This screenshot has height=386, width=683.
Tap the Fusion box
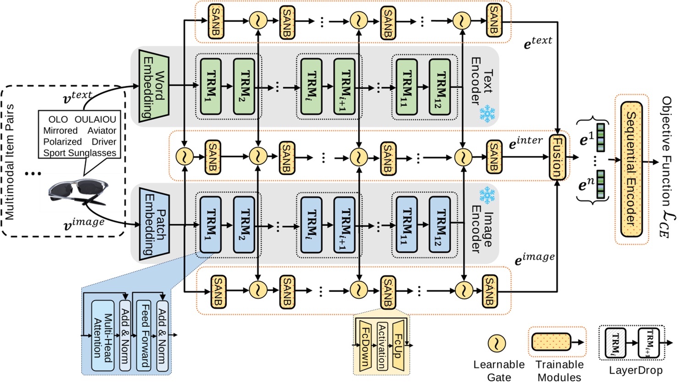click(557, 157)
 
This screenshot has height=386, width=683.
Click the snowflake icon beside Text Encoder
click(487, 114)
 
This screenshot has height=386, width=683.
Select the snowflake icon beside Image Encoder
click(487, 195)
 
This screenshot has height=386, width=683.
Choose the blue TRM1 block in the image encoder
click(210, 225)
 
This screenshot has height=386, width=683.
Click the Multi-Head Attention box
click(103, 336)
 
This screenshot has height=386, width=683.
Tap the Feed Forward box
click(144, 336)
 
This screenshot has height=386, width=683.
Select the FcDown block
click(365, 346)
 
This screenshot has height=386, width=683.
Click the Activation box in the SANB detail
click(381, 346)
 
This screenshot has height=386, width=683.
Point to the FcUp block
click(397, 346)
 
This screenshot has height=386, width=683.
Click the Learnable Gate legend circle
click(496, 343)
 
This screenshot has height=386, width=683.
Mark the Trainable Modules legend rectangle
click(551, 342)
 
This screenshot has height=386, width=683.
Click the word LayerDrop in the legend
click(635, 370)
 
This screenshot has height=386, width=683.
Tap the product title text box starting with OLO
click(80, 136)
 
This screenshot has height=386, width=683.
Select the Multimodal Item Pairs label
click(9, 162)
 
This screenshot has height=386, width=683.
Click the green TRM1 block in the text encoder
click(210, 86)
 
